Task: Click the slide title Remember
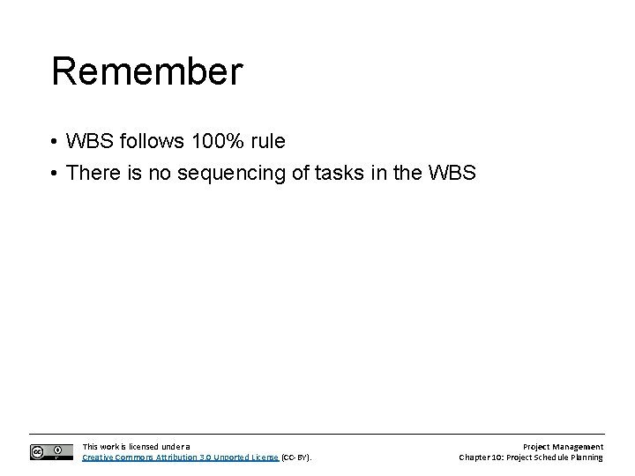(x=146, y=72)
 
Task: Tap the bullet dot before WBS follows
(x=55, y=143)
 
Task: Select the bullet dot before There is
(x=55, y=174)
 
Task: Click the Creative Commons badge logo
(x=51, y=451)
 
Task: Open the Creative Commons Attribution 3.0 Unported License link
(x=180, y=457)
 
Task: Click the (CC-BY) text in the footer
(x=296, y=457)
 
